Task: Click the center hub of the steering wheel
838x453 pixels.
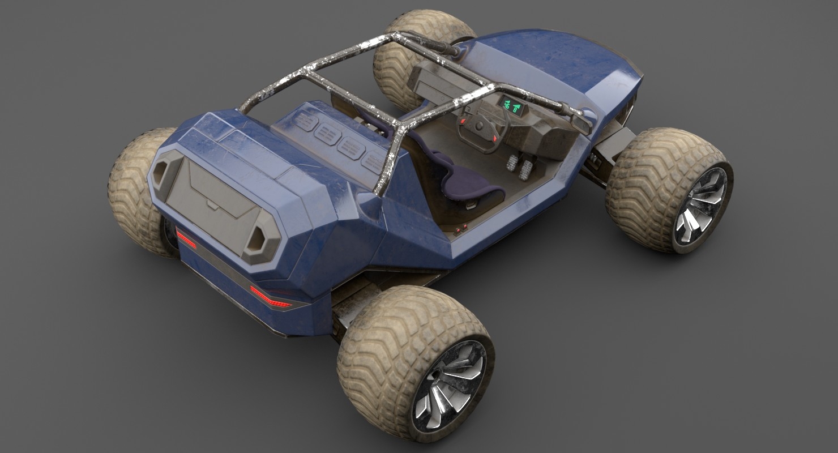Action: click(x=481, y=127)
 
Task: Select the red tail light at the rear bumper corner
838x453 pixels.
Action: click(x=271, y=298)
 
